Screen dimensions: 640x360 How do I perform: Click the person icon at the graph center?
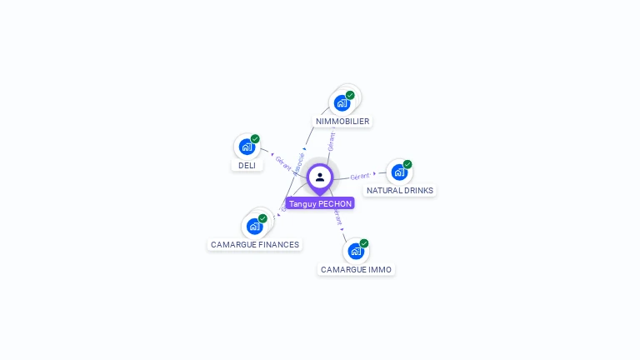pos(320,177)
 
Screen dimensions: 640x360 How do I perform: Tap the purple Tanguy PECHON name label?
pos(320,203)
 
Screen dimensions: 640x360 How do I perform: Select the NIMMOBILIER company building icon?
pos(342,103)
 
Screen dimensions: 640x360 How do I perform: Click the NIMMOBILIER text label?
pos(342,122)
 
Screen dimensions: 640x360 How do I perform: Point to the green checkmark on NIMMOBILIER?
pos(350,95)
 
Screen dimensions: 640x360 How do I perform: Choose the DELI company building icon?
pos(247,147)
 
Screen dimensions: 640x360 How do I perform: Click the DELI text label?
pos(247,165)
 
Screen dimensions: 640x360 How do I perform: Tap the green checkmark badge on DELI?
pos(255,139)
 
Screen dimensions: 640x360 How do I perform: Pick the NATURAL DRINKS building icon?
pos(399,172)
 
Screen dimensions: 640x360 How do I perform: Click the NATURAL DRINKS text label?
pos(400,190)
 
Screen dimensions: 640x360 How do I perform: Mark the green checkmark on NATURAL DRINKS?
pos(407,164)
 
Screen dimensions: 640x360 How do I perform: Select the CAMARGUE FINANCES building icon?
pos(254,226)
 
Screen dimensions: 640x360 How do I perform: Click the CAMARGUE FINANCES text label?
pos(255,245)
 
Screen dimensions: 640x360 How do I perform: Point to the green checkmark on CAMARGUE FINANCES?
pos(262,218)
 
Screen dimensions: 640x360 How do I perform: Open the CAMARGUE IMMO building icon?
pos(356,251)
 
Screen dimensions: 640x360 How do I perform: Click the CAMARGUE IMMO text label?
pos(356,270)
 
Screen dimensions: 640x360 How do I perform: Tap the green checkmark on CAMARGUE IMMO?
pos(364,243)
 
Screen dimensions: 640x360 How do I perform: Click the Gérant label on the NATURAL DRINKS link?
pos(360,177)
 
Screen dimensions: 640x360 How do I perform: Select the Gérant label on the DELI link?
pos(282,162)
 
